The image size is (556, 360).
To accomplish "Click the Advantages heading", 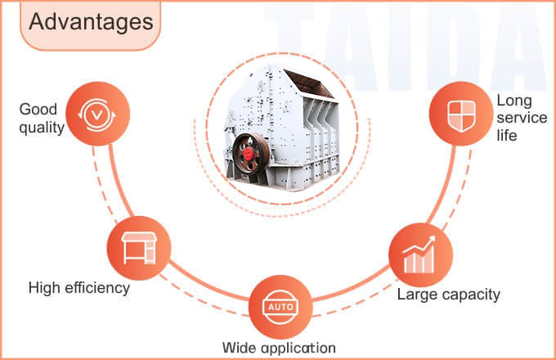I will [x=91, y=23].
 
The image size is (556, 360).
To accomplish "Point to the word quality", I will [x=42, y=127].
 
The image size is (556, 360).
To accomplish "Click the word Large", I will [x=416, y=294].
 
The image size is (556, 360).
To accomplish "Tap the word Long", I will [x=513, y=101].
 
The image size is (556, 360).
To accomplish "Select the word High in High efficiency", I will [x=45, y=287].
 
